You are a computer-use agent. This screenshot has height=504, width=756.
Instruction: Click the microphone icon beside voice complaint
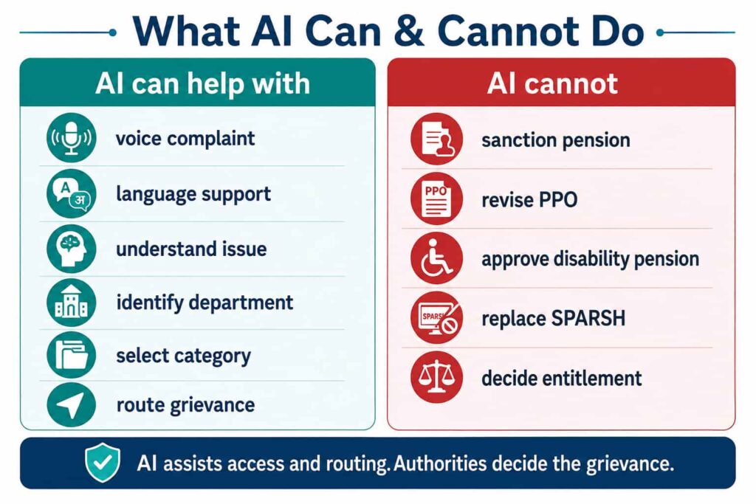pos(72,138)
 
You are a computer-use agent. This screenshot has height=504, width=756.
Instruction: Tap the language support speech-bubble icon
pos(72,193)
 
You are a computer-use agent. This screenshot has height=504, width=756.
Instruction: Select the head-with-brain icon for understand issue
pos(72,249)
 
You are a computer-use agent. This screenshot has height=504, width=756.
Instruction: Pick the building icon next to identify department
pos(72,303)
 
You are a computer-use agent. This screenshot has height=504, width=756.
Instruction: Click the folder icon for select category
pos(72,356)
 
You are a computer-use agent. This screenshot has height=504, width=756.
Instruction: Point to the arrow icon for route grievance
pos(72,404)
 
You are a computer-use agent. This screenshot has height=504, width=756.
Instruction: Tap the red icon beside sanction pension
pos(437,139)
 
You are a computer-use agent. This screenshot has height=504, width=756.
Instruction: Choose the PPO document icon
pos(437,199)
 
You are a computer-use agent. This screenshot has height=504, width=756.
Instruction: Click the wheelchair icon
pos(437,258)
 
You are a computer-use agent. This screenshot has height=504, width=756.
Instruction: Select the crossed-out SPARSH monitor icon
pos(437,317)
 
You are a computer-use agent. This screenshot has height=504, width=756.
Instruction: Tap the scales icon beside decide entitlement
pos(437,377)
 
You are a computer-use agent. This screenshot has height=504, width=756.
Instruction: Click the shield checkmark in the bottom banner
pos(103,463)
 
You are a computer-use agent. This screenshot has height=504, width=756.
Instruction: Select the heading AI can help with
pos(202,83)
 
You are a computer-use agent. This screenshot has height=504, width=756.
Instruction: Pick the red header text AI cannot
pos(552,83)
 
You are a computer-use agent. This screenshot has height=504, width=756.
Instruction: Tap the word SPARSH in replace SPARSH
pos(588,318)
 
